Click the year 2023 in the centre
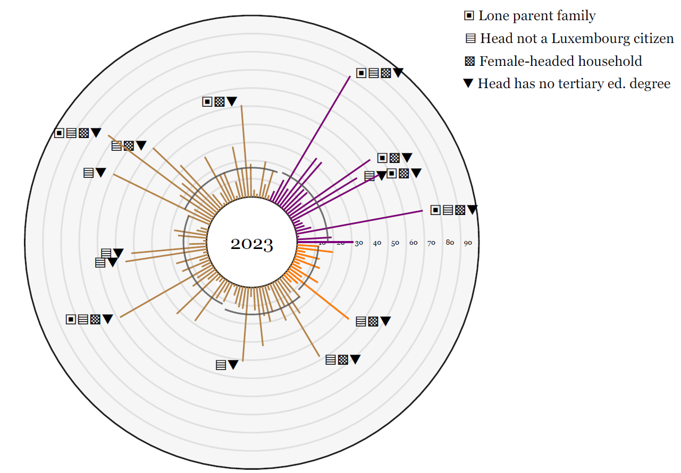[251, 245]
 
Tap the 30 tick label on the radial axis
[359, 243]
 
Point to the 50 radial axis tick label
[395, 243]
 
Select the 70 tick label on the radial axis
[431, 243]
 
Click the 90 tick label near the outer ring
[468, 243]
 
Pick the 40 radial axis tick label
[377, 243]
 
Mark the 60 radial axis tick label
[413, 243]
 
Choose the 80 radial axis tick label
[450, 243]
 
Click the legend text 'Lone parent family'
[537, 16]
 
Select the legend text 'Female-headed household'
[560, 61]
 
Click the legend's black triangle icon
[468, 83]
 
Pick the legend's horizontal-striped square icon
[470, 39]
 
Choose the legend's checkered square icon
[469, 61]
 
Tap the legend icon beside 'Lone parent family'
[469, 16]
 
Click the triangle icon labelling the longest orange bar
[385, 321]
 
